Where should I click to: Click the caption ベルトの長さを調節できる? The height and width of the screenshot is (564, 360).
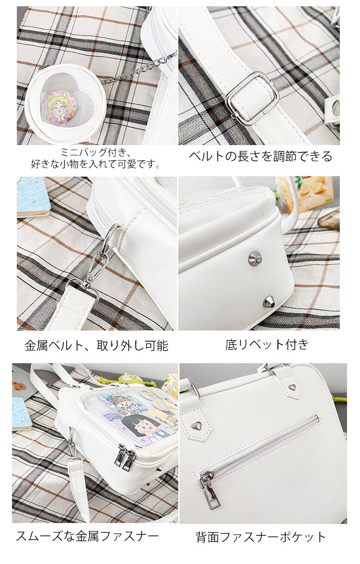tap(261, 157)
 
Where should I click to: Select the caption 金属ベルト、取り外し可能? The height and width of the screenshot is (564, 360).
tap(96, 346)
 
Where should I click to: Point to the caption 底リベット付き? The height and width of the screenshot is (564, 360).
tap(267, 344)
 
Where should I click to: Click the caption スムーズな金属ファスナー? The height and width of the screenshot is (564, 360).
tap(87, 536)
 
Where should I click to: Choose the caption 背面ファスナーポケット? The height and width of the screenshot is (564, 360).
tap(261, 537)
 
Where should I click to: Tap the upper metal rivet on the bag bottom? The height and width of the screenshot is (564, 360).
tap(255, 258)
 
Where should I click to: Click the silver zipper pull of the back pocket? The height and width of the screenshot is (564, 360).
tap(207, 490)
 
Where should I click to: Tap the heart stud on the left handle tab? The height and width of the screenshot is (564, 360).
tap(196, 426)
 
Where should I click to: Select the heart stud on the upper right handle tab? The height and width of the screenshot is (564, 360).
tap(292, 387)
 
